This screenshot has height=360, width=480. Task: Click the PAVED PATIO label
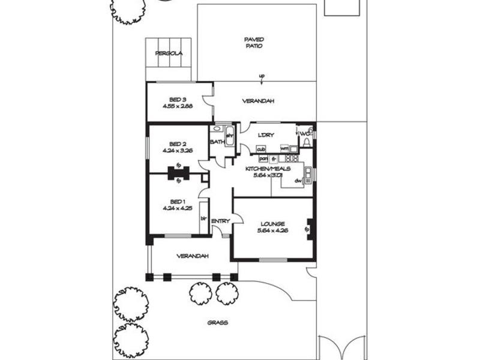(254, 43)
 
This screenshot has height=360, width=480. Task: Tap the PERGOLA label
(169, 53)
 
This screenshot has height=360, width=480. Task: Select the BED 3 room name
(176, 99)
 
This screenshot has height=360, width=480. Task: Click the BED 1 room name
(176, 201)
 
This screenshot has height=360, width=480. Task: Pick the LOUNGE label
(273, 224)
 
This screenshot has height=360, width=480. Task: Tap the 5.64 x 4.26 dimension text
(273, 231)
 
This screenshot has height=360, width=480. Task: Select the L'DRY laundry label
(266, 135)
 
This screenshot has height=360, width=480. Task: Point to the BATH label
(217, 142)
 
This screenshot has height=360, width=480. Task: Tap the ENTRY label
(220, 221)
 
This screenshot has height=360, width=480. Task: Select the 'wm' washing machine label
(284, 148)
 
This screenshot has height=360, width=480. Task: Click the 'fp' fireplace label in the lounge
(307, 229)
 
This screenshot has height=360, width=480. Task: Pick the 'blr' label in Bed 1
(203, 218)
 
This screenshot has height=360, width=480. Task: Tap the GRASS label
(217, 322)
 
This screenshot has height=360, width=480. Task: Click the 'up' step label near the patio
(262, 76)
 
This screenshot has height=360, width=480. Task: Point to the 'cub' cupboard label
(261, 148)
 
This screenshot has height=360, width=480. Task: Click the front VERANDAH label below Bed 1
(193, 256)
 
